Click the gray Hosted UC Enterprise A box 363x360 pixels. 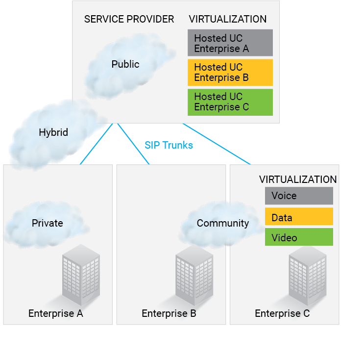tap(230, 43)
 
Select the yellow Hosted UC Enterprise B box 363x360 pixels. tap(230, 73)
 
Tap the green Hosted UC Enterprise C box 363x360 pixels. tap(230, 102)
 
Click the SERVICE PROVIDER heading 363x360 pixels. tap(129, 19)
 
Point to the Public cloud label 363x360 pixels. tap(125, 64)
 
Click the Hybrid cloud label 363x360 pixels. tap(53, 132)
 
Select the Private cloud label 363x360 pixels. tap(48, 223)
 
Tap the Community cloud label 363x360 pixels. tap(223, 223)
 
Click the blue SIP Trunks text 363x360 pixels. tap(169, 145)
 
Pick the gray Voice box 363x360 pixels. tap(299, 196)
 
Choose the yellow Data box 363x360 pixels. tap(299, 217)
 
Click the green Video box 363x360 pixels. tap(299, 237)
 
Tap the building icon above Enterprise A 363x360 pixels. tap(80, 275)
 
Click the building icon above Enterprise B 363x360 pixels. tap(194, 275)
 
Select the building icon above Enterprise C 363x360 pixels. tap(307, 275)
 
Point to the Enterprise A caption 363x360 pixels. tap(55, 314)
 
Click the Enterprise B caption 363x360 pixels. tap(169, 314)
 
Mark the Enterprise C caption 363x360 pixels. tap(282, 314)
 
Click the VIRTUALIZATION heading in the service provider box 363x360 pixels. tap(228, 19)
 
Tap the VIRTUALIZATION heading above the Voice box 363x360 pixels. tap(298, 180)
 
